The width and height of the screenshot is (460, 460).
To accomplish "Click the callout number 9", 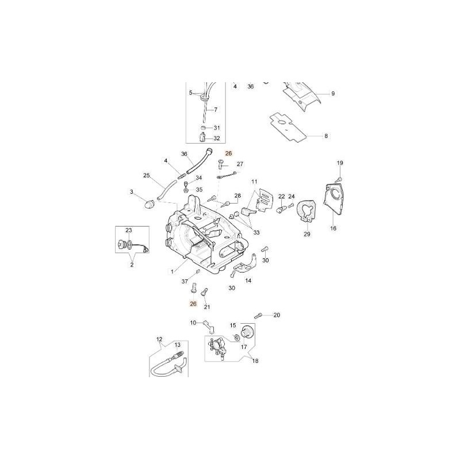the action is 333,94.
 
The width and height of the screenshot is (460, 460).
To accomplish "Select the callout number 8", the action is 326,136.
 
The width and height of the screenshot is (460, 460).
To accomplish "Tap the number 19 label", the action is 340,163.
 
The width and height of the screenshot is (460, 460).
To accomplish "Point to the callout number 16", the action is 333,228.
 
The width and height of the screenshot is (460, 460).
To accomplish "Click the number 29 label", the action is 307,234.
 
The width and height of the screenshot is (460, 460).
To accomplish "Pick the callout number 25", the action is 147,176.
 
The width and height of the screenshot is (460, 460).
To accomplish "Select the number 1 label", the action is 172,272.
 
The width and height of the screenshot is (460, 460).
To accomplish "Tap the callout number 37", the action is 185,282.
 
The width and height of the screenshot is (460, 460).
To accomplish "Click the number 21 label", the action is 207,307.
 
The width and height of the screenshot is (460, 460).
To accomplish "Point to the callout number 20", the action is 277,315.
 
